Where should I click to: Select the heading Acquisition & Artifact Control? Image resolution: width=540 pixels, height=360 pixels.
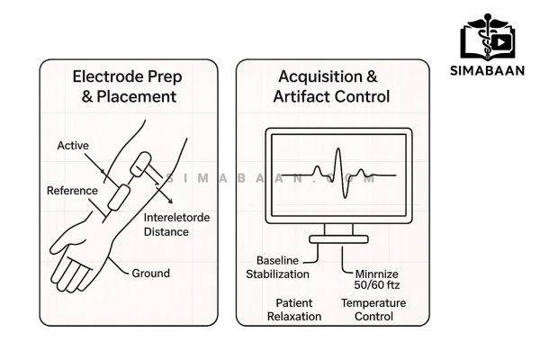tap(334, 85)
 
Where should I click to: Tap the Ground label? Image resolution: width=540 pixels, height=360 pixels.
tap(150, 273)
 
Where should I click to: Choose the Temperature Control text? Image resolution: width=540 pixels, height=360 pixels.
tap(373, 310)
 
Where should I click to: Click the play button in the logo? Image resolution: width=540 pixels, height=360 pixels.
tap(502, 40)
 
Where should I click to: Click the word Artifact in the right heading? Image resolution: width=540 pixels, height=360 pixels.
tap(309, 96)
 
